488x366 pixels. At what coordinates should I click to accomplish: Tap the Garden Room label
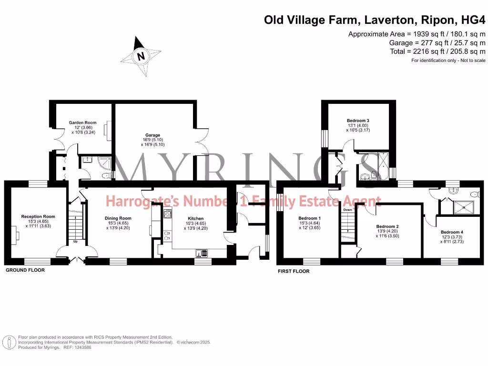[x=82, y=123]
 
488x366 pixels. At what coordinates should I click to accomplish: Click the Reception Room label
[x=38, y=216]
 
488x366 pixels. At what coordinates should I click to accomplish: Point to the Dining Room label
[x=118, y=218]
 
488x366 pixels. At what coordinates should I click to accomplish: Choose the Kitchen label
[x=195, y=218]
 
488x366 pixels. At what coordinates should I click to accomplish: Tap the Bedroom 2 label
[x=387, y=226]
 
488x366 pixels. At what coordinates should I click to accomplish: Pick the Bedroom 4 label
[x=452, y=233]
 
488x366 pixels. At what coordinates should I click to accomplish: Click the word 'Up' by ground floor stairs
[x=75, y=242]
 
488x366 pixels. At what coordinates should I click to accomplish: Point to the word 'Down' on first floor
[x=348, y=210]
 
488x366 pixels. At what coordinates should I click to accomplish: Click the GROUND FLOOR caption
[x=25, y=270]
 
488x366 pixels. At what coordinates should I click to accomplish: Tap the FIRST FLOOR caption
[x=294, y=271]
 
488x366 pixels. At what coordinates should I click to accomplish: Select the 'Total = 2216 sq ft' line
[x=438, y=51]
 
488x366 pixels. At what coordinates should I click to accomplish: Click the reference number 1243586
[x=82, y=347]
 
